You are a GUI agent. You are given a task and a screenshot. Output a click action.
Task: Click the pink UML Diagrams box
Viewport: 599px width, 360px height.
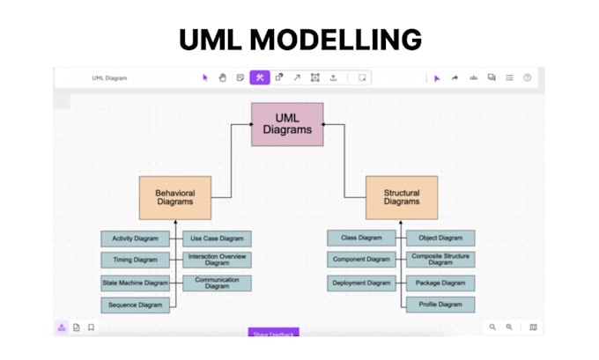[x=287, y=124]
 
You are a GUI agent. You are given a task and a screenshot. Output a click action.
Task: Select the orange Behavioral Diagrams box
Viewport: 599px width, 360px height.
[x=174, y=197]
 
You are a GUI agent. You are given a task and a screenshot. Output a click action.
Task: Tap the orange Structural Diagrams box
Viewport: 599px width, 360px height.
[x=402, y=197]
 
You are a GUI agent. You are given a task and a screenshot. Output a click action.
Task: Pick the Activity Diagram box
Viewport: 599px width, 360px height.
[x=135, y=239]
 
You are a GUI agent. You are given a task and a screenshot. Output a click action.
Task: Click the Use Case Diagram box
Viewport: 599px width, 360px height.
[x=217, y=239]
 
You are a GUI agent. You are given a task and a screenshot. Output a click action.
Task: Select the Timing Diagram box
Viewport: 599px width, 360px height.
[x=135, y=260]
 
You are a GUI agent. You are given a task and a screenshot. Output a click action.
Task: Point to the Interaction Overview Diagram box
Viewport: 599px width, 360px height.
[x=217, y=260]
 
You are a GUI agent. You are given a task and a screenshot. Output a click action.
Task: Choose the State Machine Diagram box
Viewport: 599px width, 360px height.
[x=135, y=283]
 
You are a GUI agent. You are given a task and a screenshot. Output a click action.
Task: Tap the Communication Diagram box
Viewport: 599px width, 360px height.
[x=217, y=283]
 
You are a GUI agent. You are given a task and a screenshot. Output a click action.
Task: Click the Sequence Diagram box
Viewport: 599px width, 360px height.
[x=135, y=305]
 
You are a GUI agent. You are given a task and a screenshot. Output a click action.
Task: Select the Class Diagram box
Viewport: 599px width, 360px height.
[x=361, y=238]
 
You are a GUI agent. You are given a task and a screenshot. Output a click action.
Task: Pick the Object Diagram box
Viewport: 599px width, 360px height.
[x=440, y=238]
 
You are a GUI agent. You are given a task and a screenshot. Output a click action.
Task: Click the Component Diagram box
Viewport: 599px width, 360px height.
[x=361, y=260]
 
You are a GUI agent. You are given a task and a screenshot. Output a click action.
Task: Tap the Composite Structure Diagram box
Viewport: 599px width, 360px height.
[x=440, y=260]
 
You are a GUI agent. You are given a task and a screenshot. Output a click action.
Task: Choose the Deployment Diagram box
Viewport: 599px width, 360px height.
[x=361, y=283]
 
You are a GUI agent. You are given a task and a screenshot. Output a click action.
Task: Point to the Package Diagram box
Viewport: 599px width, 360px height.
[x=440, y=283]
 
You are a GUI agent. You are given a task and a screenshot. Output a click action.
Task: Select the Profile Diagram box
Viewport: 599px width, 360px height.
[x=440, y=305]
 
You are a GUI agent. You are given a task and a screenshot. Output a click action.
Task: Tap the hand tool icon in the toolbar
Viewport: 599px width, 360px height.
[x=223, y=77]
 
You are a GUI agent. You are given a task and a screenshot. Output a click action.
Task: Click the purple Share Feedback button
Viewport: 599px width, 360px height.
[x=273, y=333]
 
